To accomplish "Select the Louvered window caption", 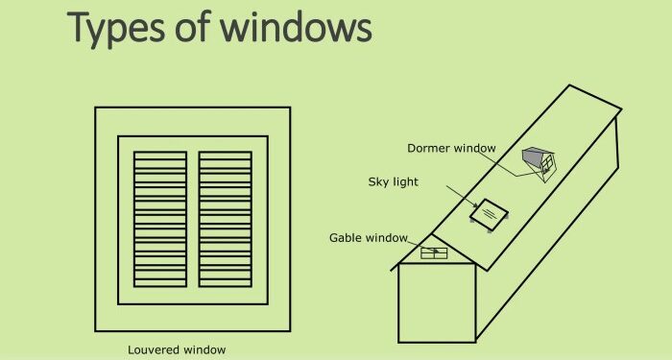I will tap(178, 349).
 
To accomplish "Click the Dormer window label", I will tap(451, 148).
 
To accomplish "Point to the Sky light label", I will tap(394, 181).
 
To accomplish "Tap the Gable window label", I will tap(369, 237).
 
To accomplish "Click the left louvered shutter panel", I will tap(160, 219).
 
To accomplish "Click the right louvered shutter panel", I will tap(225, 219).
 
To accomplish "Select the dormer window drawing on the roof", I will tap(540, 162).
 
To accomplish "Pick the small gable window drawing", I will tap(436, 253).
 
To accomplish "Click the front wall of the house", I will tap(437, 302).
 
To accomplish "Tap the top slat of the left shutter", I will tap(160, 155).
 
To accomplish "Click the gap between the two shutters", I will tap(192, 219).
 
